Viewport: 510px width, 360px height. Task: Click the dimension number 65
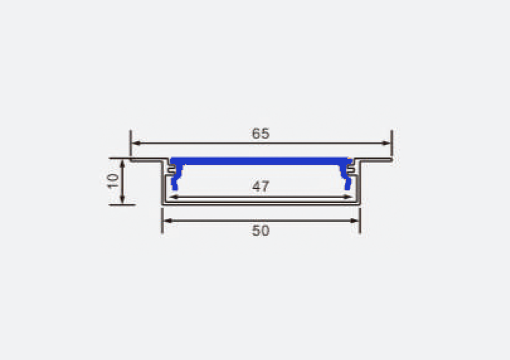pyautogui.click(x=260, y=134)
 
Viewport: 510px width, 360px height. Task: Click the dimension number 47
pyautogui.click(x=261, y=187)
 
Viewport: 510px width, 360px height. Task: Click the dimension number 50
pyautogui.click(x=260, y=231)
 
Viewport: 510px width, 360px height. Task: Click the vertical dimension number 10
pyautogui.click(x=113, y=180)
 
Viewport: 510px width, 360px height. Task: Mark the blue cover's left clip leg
pyautogui.click(x=174, y=180)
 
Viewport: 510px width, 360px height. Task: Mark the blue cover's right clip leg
pyautogui.click(x=348, y=180)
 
